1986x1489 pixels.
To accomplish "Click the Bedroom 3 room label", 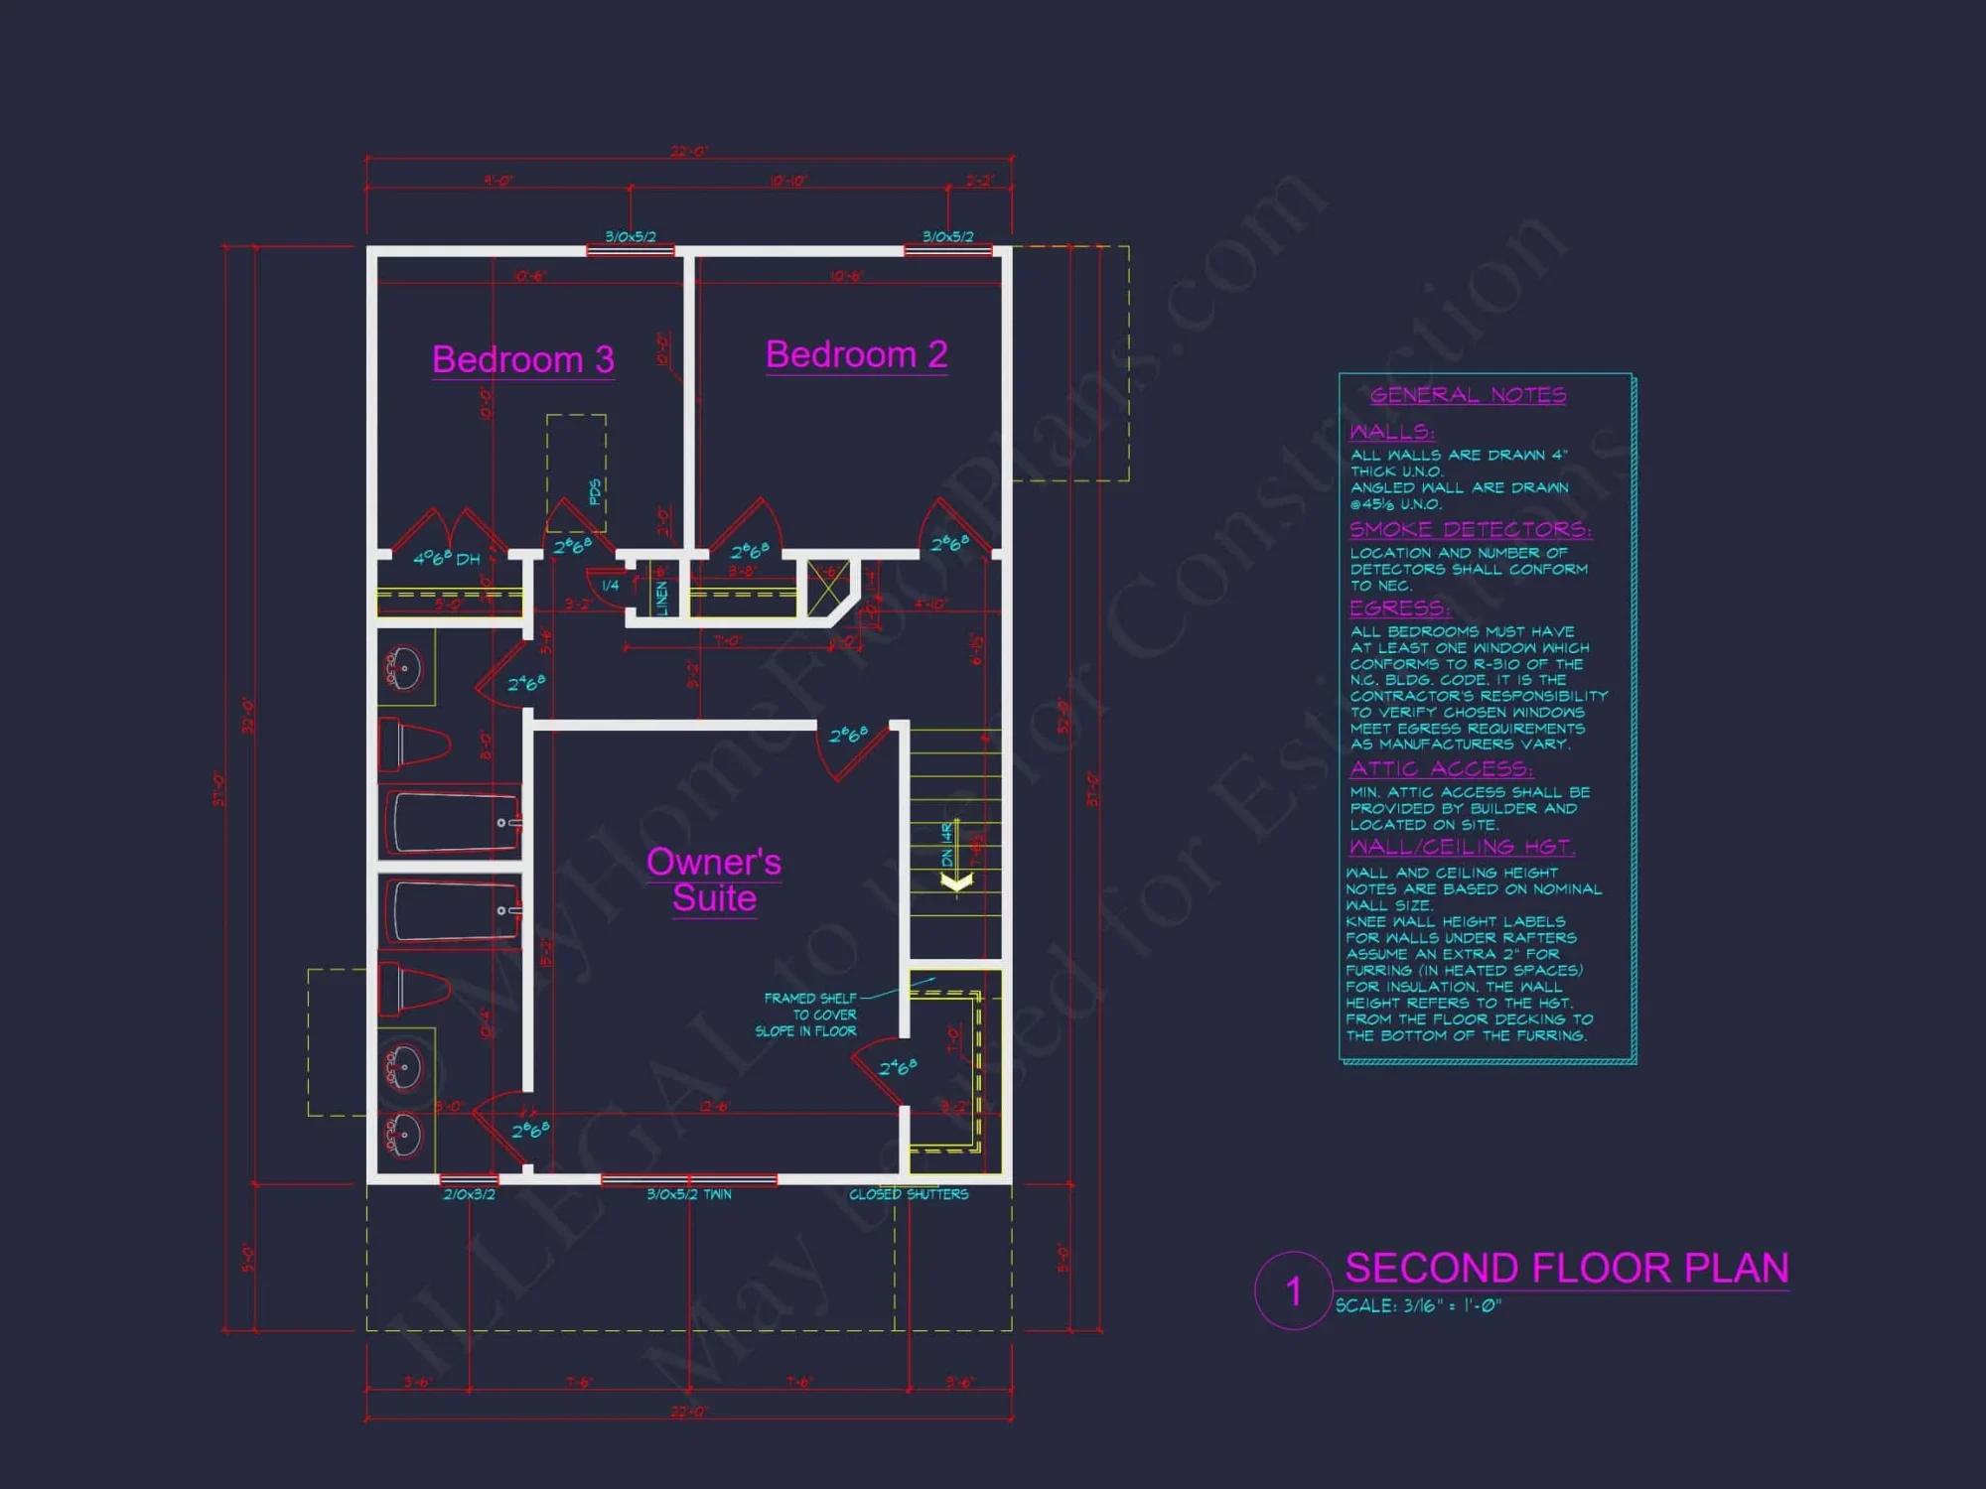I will [523, 359].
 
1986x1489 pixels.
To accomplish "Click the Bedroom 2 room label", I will [856, 354].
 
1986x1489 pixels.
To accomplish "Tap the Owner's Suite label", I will [714, 880].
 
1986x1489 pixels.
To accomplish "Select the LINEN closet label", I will [662, 598].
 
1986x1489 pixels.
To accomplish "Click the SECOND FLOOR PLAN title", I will [1566, 1269].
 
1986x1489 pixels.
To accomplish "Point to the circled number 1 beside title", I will [1293, 1291].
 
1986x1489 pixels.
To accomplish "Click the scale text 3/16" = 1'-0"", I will [1418, 1306].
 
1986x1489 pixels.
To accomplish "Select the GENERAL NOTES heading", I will [1468, 395].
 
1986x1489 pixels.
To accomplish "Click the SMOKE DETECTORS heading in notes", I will [1470, 529].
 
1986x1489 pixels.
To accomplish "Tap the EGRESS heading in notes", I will [1399, 608].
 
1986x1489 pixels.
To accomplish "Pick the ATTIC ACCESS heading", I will [1441, 768].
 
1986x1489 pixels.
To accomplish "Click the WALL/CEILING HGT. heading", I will [1461, 847].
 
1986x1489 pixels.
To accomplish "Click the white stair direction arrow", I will [956, 881].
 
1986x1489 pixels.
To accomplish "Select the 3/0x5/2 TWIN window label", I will [688, 1194].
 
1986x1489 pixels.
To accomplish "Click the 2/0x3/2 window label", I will [469, 1194].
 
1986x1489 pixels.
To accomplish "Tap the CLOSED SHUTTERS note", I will [908, 1194].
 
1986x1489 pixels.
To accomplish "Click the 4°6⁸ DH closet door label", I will [446, 559].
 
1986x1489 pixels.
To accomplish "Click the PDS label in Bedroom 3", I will [595, 491].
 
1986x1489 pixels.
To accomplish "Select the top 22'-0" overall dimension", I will [688, 152].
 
